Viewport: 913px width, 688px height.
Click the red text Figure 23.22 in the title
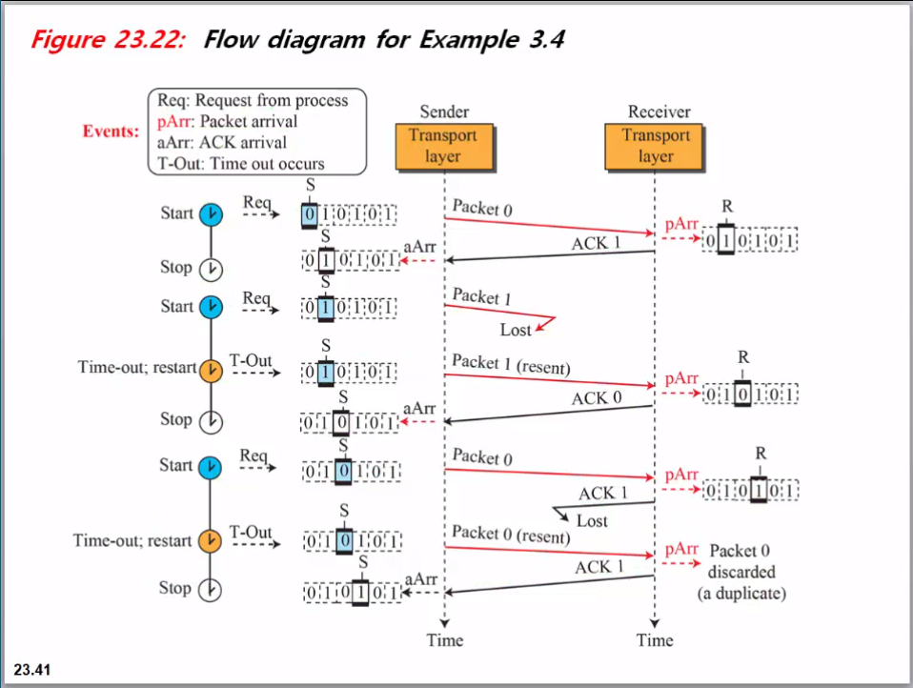coord(108,40)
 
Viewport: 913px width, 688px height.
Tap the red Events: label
coord(112,132)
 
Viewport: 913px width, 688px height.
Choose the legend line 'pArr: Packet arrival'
coord(227,121)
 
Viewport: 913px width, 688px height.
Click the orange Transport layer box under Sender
coord(442,145)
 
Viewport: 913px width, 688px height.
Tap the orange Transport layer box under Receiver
coord(655,145)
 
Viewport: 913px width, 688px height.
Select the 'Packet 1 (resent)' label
coord(510,363)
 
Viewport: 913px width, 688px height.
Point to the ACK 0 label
coord(596,398)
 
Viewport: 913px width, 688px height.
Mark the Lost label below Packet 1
coord(516,330)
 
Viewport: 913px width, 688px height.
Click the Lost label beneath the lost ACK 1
coord(592,521)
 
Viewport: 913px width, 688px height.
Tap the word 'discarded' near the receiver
coord(741,572)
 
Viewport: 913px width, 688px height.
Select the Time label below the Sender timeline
coord(444,640)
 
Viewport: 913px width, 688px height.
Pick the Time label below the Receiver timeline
coord(655,640)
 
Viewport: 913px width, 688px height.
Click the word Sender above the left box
coord(444,111)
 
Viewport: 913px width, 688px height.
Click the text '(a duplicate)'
coord(741,593)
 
